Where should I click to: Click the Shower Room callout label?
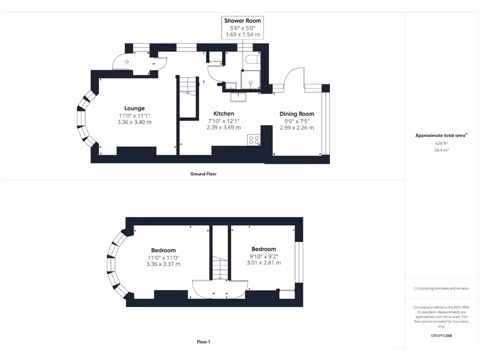pos(242,21)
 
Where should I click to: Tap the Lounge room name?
pos(135,108)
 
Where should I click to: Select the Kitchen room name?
pos(224,113)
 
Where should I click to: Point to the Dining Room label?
pos(297,114)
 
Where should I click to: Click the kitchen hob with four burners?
pos(254,140)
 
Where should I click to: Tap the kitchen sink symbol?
pos(238,97)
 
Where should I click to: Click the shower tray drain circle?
pos(251,82)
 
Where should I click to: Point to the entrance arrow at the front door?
pos(127,61)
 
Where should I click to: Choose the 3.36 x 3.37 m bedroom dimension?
pos(163,264)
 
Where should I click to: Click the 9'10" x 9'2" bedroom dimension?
pos(263,256)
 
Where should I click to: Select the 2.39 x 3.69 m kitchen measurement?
pos(224,127)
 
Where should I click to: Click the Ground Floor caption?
pos(203,174)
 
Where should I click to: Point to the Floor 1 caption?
pos(203,342)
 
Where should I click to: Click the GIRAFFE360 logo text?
pos(441,336)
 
